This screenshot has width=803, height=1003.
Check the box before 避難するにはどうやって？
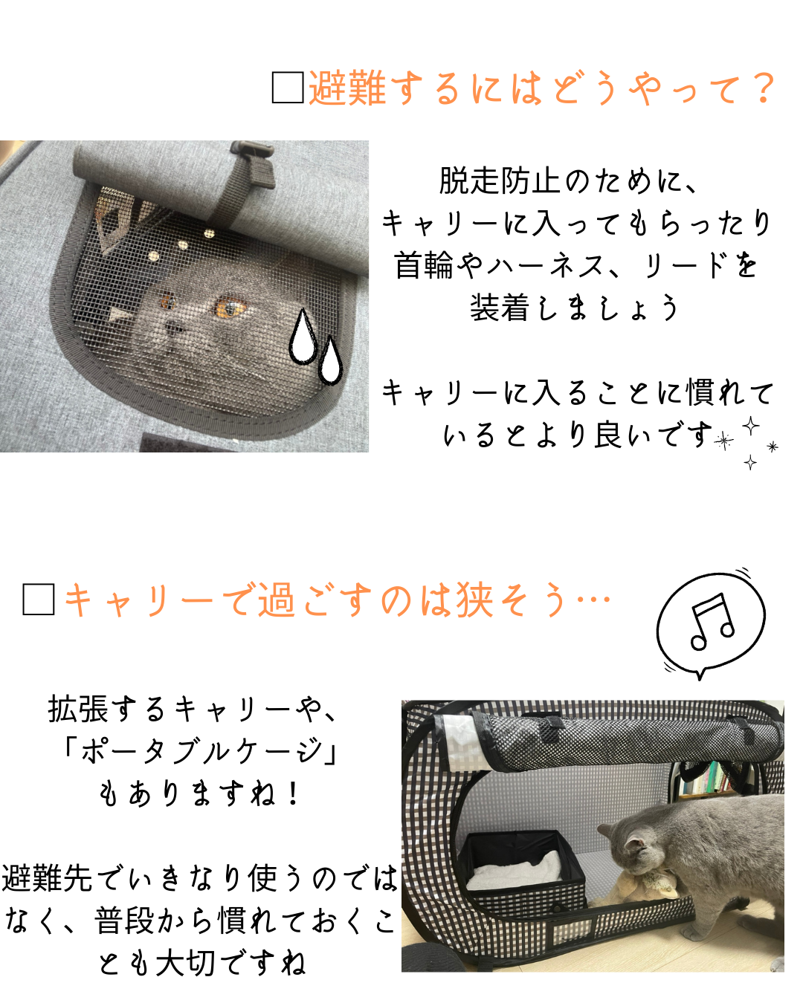click(288, 87)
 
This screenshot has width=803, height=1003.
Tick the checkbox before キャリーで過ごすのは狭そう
click(39, 599)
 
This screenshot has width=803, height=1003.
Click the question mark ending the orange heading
click(762, 88)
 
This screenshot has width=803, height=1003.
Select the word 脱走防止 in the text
click(499, 181)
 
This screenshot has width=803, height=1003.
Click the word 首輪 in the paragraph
click(424, 265)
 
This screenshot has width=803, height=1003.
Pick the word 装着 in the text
click(499, 308)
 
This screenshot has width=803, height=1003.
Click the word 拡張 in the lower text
click(78, 709)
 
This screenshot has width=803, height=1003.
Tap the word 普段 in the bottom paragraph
click(124, 921)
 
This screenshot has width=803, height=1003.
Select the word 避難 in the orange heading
click(348, 88)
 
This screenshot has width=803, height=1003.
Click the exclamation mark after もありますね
click(293, 793)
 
